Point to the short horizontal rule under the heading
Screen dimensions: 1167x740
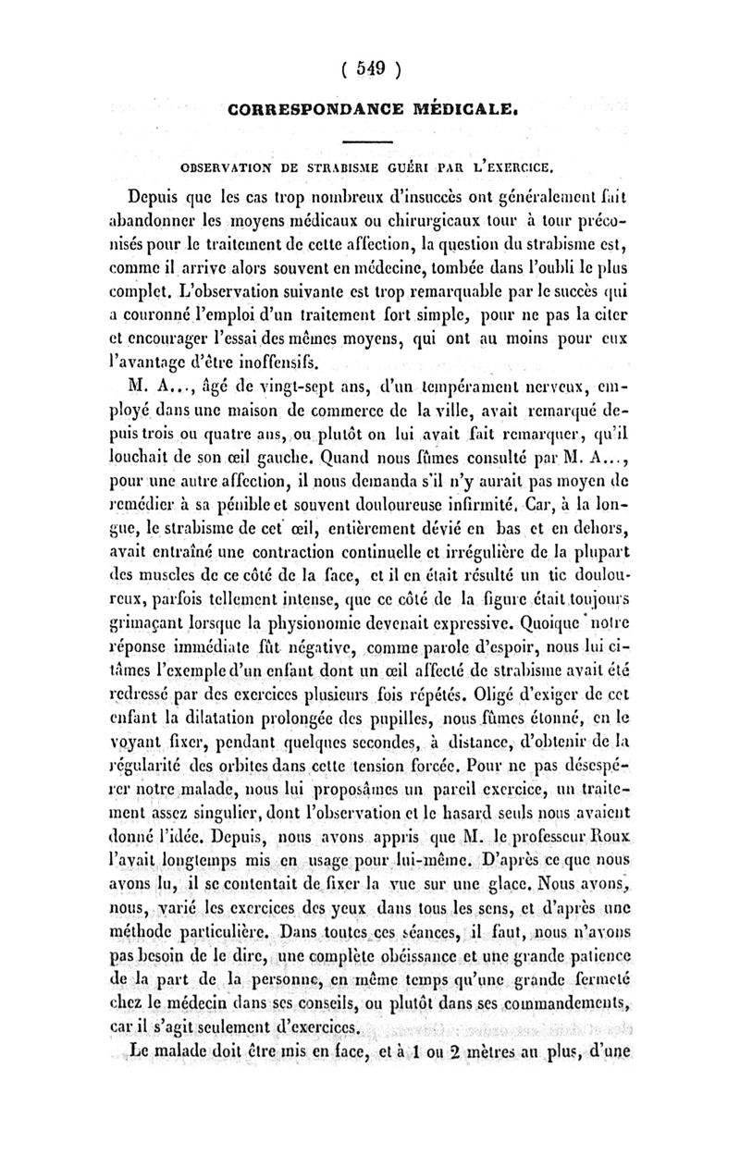[369, 141]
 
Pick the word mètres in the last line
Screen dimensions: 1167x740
[501, 1048]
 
